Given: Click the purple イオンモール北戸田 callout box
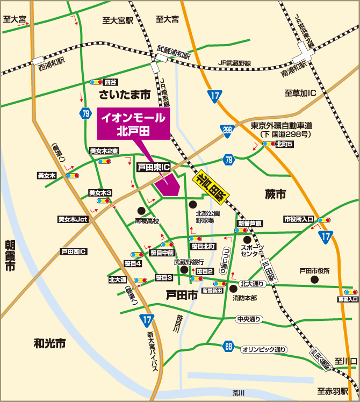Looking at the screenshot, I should click(132, 123).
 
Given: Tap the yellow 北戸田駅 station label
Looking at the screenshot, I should click(211, 185).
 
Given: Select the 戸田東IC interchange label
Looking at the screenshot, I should click(153, 168).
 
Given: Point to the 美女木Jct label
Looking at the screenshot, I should click(73, 219).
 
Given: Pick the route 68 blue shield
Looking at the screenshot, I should click(229, 347).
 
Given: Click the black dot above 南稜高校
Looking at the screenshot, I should click(141, 211).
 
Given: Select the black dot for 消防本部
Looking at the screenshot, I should click(233, 289).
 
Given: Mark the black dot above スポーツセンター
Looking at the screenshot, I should click(247, 240).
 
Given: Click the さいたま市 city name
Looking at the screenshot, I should click(125, 95).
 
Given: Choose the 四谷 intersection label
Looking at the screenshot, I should click(111, 82).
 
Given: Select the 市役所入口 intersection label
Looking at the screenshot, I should click(299, 219).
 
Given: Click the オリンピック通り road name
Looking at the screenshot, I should click(264, 349).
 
